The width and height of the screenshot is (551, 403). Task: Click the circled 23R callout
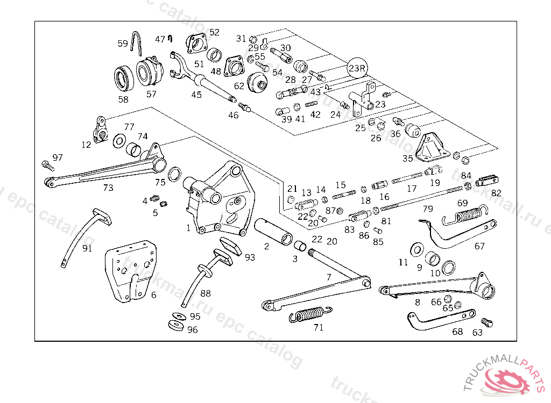tap(357, 68)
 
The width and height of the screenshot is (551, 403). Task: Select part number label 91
tap(87, 248)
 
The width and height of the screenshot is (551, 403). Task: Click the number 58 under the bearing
tap(123, 99)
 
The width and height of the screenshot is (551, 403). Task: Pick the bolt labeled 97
tap(47, 164)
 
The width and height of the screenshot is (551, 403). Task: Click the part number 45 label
tap(196, 95)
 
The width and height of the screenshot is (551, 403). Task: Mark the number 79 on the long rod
tap(428, 208)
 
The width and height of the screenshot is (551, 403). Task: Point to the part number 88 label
tap(206, 293)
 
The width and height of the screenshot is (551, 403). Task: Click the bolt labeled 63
tap(487, 322)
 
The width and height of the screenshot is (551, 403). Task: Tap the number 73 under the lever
tap(109, 188)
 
